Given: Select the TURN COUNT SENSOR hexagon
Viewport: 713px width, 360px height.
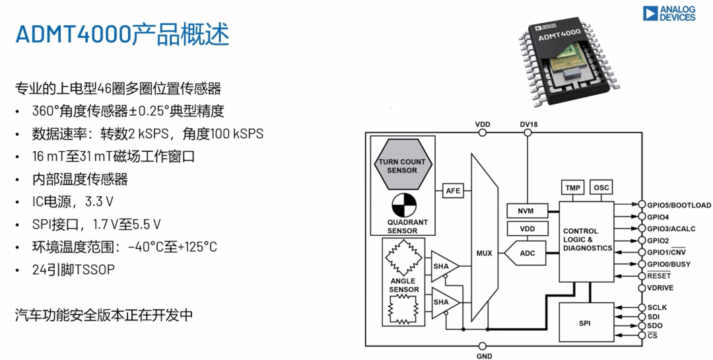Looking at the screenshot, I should tap(402, 166).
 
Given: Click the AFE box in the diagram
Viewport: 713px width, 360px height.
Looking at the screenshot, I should tap(453, 190).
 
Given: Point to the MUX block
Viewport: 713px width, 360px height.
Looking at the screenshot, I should tap(485, 252).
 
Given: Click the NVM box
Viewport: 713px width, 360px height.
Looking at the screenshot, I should tap(526, 211).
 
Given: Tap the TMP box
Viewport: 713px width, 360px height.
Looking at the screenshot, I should tap(573, 188).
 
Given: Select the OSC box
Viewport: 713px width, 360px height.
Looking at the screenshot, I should tap(601, 188).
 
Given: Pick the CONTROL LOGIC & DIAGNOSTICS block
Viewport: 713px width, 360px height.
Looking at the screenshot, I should tap(586, 240).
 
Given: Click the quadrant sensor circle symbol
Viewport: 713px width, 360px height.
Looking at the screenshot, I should tap(402, 203).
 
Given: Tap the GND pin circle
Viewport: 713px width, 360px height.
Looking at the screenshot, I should tap(482, 345).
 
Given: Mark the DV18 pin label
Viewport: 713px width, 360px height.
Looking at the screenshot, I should tap(527, 124).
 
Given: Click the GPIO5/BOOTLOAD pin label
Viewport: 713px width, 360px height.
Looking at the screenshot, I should tap(679, 205).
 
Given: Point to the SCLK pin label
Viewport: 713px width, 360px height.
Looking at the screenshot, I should tap(657, 307).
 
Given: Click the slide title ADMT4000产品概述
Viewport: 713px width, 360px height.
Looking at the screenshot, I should tap(123, 34).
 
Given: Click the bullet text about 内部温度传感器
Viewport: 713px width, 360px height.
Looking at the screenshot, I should tap(80, 179).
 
